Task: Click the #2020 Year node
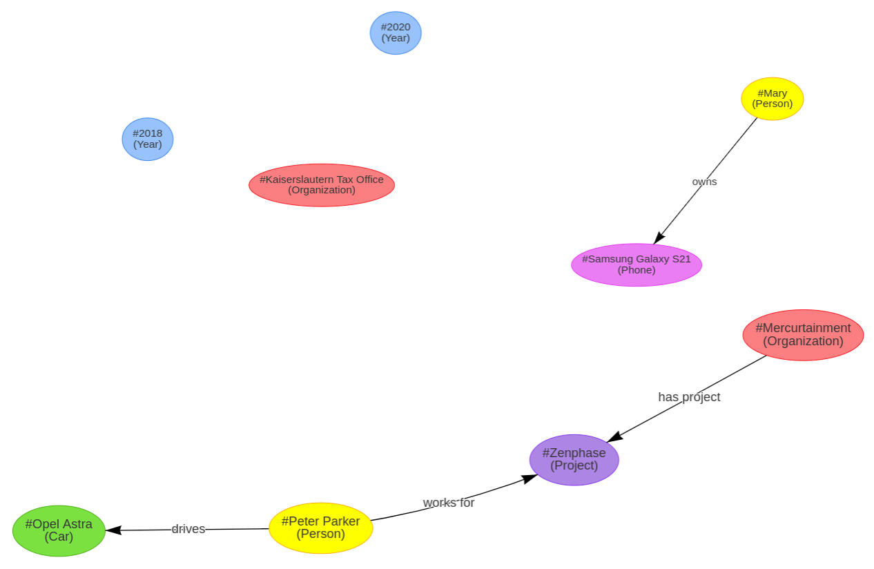click(x=396, y=32)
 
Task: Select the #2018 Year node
click(x=148, y=139)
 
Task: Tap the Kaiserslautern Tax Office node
click(x=322, y=185)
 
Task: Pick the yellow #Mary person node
click(x=772, y=99)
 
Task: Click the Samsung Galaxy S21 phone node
click(x=636, y=264)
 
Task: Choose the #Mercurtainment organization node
click(x=803, y=335)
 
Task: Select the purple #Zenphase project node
click(x=574, y=459)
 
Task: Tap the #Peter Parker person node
click(x=320, y=528)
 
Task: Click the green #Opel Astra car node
click(x=59, y=530)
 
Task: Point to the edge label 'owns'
click(x=704, y=182)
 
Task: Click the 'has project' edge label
click(x=689, y=397)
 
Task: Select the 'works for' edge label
click(x=449, y=503)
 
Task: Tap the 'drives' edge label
click(x=188, y=529)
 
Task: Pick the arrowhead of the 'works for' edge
click(x=530, y=478)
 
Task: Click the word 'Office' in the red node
click(x=368, y=180)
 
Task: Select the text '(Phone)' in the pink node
click(x=637, y=270)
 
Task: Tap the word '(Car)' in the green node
click(x=59, y=537)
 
